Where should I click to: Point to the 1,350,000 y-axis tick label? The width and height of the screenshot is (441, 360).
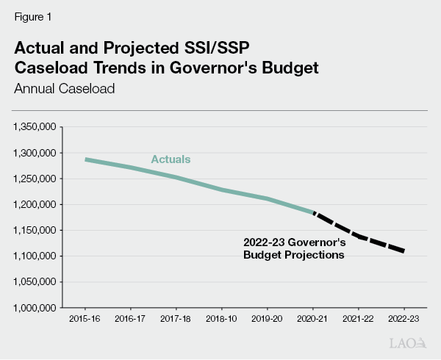click(x=35, y=127)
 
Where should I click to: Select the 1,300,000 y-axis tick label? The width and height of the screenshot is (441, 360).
click(x=35, y=153)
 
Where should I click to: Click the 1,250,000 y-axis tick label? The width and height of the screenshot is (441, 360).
click(x=35, y=179)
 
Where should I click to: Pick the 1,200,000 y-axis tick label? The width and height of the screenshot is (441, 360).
click(x=35, y=204)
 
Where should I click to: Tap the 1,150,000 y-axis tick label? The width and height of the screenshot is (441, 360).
click(x=35, y=230)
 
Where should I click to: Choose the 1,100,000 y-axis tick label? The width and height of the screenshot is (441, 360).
click(x=35, y=256)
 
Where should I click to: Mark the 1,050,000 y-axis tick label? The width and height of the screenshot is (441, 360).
click(x=35, y=281)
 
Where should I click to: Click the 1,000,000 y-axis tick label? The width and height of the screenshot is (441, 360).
click(x=35, y=307)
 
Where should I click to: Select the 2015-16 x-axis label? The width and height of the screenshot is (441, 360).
click(x=85, y=320)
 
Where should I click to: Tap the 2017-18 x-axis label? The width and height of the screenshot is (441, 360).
click(x=176, y=320)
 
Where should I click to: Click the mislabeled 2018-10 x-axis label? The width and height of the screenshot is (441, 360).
click(x=222, y=320)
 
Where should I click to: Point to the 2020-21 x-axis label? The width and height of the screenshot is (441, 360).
click(x=313, y=320)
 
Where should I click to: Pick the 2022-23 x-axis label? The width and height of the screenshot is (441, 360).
click(x=404, y=320)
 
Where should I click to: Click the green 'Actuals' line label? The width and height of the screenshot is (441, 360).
click(x=170, y=159)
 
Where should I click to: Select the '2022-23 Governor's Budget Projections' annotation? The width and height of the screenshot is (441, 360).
click(x=294, y=248)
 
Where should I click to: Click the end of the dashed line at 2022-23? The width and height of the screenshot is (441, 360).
click(x=404, y=251)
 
